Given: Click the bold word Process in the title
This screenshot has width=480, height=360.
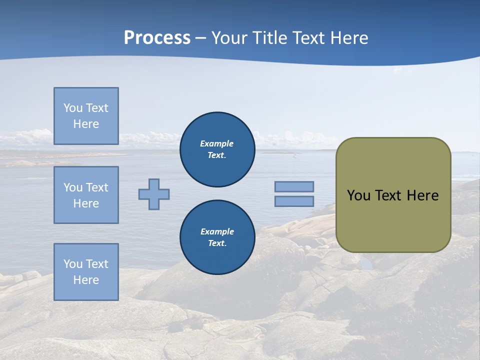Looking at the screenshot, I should [157, 38].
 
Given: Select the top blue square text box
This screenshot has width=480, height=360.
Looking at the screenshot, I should [86, 116].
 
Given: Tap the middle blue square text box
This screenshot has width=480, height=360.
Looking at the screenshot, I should [86, 195].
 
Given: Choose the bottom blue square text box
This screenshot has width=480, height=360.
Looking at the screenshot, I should [86, 272].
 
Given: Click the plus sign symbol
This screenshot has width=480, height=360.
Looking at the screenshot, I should [154, 194].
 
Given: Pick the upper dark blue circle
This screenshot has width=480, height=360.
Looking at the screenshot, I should [217, 149].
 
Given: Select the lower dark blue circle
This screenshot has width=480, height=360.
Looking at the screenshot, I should [217, 237].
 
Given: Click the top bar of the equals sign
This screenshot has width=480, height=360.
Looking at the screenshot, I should [294, 186].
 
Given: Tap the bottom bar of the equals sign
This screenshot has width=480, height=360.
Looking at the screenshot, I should [294, 201].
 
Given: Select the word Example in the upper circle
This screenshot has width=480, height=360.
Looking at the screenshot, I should [217, 143].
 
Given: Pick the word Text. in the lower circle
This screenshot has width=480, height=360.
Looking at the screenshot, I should [217, 243].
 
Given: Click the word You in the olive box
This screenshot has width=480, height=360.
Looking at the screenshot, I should [358, 195].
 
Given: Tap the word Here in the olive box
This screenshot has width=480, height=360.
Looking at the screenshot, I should [422, 195].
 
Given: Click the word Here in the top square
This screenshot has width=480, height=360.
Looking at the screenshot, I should [86, 124].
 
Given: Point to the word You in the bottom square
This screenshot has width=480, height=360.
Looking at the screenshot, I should [73, 264].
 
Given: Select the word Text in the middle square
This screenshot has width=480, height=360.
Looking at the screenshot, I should [97, 187].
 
